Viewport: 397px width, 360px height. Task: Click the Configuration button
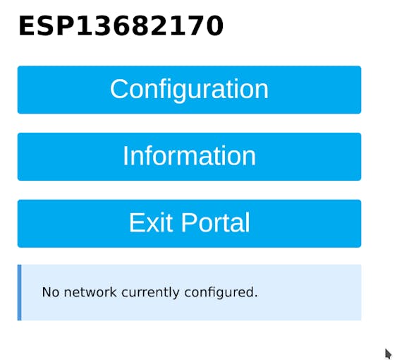coord(189,90)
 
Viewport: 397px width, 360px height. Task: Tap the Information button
coord(189,157)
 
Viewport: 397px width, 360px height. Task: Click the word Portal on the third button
coord(216,222)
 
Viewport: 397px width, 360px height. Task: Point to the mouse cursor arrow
coord(388,354)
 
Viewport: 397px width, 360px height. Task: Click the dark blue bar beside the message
coord(20,292)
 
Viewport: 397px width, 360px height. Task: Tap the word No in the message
coord(51,292)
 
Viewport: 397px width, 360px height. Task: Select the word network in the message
coord(90,292)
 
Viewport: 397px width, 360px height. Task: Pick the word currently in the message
coord(150,293)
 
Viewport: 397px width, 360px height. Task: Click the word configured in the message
coord(221,293)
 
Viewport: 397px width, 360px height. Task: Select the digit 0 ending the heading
coord(214,26)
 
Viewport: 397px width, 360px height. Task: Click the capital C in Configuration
coord(119,89)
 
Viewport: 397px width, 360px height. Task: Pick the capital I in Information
coord(126,156)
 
